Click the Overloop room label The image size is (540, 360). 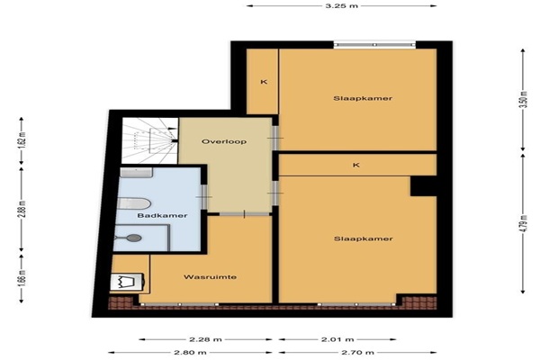coord(224,141)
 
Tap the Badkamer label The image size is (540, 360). coord(162,216)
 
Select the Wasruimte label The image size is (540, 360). coord(210,277)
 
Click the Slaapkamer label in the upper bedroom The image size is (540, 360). coord(363,98)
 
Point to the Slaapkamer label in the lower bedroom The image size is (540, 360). coord(364,238)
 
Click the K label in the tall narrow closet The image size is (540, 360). coord(264,82)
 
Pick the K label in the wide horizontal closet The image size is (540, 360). coord(356,165)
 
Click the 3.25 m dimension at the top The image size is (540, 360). coord(342,6)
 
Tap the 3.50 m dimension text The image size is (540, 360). coord(523,99)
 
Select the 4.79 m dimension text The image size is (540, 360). coord(523,224)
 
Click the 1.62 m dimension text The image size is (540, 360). coord(22,139)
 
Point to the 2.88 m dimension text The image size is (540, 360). coord(22,210)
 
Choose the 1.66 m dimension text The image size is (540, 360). coord(22,277)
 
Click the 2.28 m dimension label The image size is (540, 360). coord(205,339)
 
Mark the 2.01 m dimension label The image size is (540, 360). coord(337,339)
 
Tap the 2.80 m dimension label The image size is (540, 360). coord(190,353)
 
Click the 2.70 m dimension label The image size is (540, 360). coord(357,353)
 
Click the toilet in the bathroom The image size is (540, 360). coord(133,203)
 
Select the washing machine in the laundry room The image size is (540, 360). coord(127,283)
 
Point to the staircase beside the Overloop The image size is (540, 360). coord(150,140)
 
